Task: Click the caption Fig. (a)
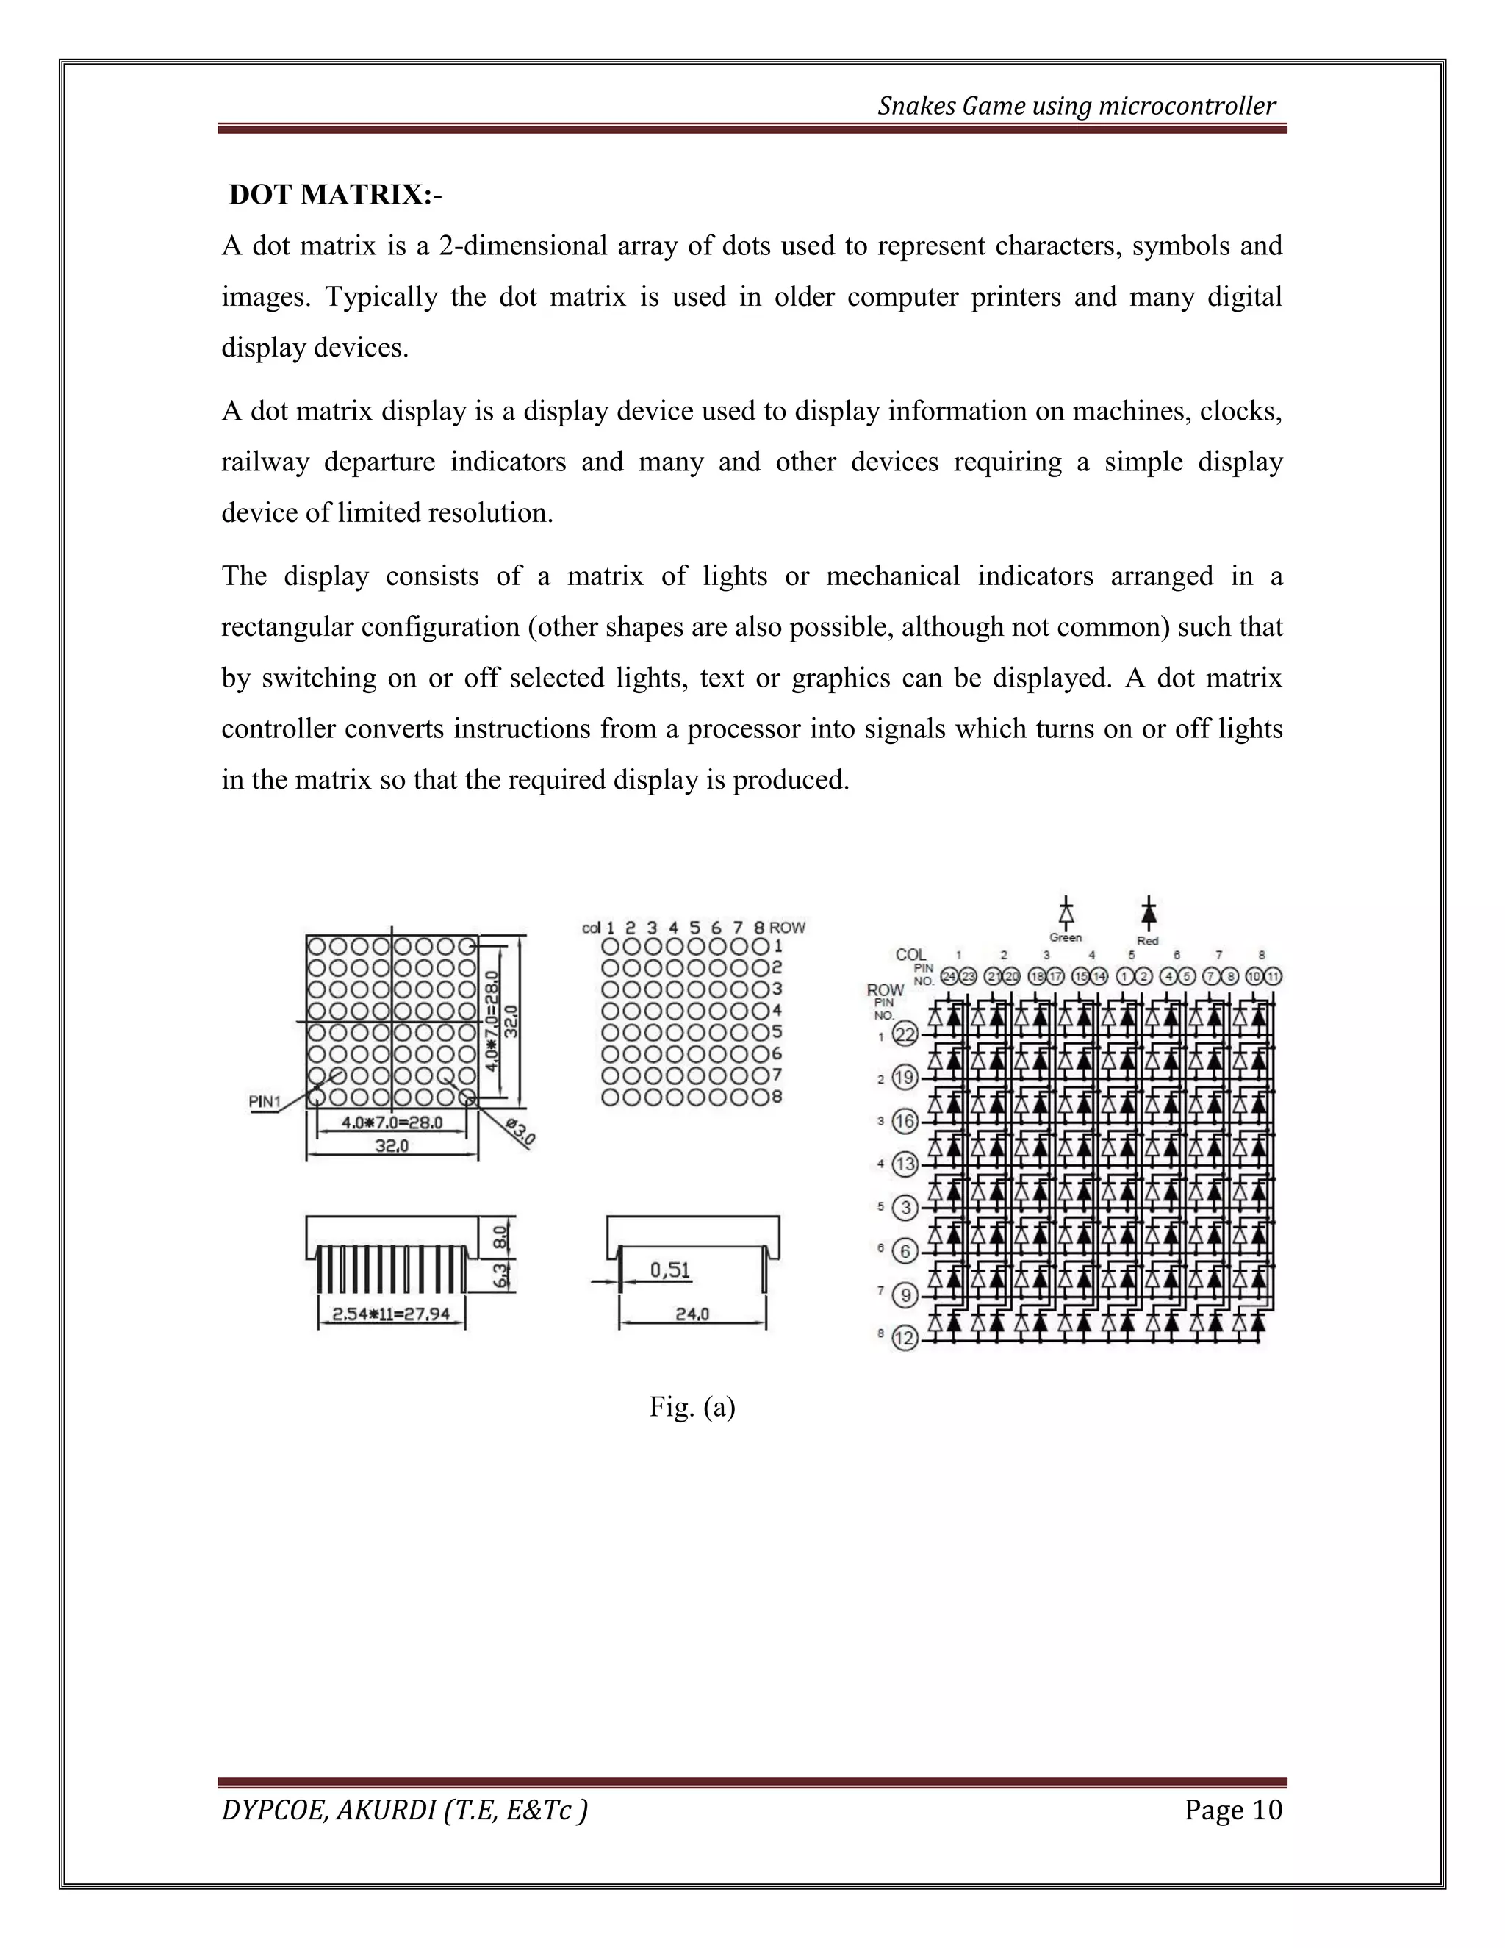692,1406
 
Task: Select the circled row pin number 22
905,1035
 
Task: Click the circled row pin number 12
905,1338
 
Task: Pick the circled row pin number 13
905,1164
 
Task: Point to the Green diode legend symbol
1066,915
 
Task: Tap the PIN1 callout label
265,1102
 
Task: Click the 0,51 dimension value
670,1270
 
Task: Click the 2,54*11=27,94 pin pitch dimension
390,1314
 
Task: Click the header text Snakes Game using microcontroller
1076,106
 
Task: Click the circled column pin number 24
949,977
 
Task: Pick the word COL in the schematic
911,954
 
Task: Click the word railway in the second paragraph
265,462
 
